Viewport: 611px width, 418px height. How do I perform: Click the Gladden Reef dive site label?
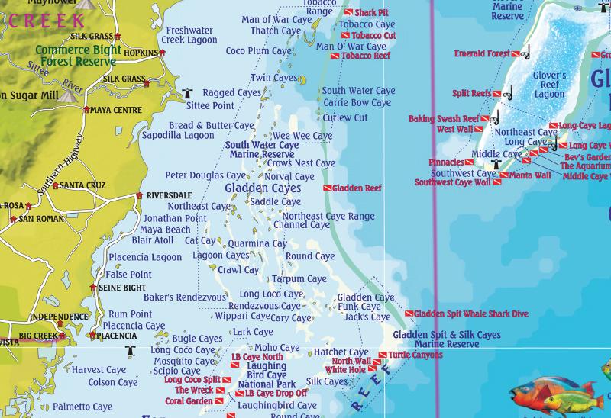pos(357,188)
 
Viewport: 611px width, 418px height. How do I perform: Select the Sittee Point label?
pos(211,105)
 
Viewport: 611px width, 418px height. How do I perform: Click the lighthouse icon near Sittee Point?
pos(188,93)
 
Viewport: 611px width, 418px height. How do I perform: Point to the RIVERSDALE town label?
pos(169,195)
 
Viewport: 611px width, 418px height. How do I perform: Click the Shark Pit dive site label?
pos(371,13)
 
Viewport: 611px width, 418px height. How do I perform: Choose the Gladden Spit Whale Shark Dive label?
pos(470,313)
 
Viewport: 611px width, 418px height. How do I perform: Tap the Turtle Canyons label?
pos(415,355)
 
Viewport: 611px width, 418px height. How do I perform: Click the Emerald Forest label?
pos(482,54)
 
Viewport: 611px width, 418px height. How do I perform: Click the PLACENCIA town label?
pos(117,336)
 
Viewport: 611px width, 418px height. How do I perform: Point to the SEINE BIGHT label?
pos(123,288)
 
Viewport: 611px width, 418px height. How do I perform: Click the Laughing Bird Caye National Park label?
pos(261,375)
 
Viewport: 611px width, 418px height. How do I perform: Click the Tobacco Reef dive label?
pos(365,56)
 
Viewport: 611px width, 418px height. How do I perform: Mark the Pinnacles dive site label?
pos(446,162)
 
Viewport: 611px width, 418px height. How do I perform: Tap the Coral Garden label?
pos(189,401)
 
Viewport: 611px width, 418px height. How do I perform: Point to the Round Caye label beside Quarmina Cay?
pos(310,256)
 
